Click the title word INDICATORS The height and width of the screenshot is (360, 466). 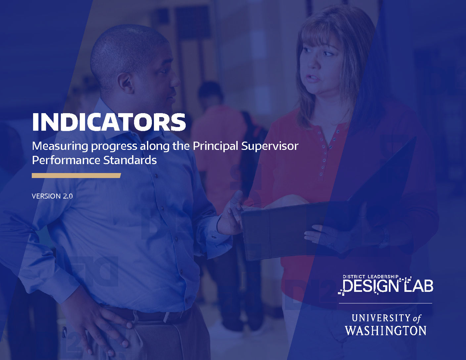[x=109, y=122]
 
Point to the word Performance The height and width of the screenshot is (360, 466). [x=66, y=160]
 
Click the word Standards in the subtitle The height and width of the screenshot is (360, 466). [x=130, y=160]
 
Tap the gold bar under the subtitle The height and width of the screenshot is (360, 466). [x=76, y=176]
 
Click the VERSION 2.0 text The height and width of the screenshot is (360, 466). [x=52, y=196]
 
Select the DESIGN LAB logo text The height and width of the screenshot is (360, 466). [x=387, y=286]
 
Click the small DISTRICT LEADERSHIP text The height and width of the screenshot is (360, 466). [x=370, y=277]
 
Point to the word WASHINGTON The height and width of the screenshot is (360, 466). [x=386, y=331]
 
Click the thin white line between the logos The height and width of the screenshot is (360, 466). [x=385, y=303]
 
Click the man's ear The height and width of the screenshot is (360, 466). [x=126, y=82]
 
